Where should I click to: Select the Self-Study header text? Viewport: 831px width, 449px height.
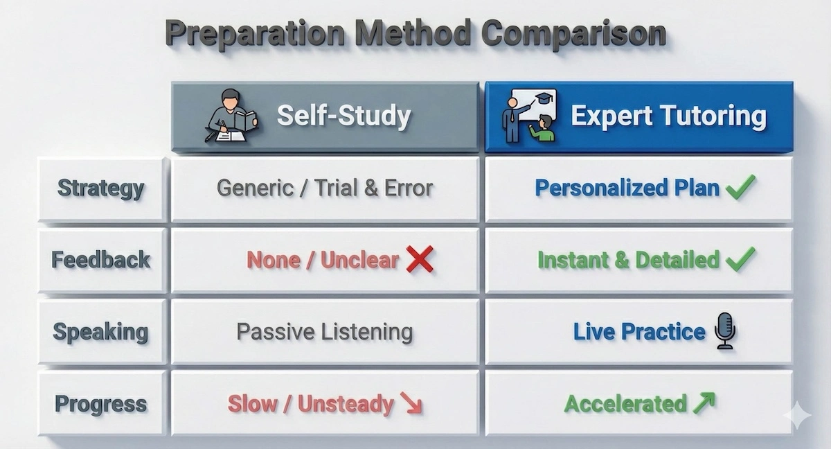343,116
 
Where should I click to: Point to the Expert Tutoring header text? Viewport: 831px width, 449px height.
668,116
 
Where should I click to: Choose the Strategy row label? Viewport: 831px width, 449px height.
101,188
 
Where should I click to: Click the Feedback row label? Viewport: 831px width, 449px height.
101,260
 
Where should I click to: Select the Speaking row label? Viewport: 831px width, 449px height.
101,332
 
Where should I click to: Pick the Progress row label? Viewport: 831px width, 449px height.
101,404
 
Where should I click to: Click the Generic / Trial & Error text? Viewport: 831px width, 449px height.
325,188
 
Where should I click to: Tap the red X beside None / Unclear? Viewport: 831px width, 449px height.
420,260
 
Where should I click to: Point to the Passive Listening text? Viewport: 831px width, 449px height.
325,332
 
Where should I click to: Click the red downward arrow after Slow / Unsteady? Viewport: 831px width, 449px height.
411,405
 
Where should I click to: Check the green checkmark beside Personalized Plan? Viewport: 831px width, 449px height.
740,187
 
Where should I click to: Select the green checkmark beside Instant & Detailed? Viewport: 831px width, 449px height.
740,260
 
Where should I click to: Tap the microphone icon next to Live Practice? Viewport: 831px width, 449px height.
725,331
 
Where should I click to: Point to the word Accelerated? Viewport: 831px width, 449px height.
625,403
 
